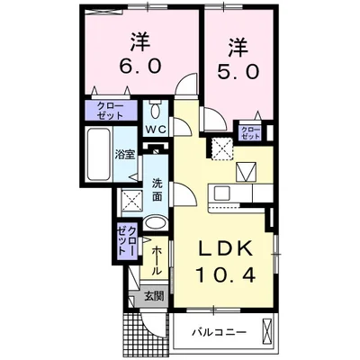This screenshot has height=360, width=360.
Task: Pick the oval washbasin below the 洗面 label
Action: [x=155, y=224]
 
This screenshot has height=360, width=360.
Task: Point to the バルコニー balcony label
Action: [x=216, y=333]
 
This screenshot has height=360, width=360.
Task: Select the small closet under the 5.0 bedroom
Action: [x=250, y=133]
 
